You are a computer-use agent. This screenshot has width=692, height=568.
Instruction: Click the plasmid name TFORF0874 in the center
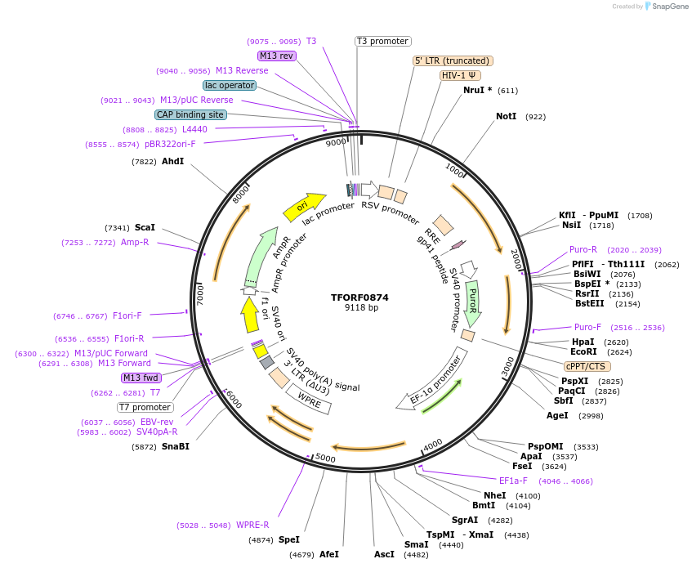[360, 297]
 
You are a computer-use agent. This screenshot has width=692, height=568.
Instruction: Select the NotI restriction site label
[507, 117]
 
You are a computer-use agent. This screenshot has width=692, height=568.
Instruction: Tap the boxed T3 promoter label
[382, 41]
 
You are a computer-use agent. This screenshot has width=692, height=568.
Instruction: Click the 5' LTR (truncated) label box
[453, 60]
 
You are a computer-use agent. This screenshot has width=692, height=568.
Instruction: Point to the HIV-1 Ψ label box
[460, 75]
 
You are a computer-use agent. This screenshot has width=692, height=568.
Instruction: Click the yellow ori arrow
[303, 207]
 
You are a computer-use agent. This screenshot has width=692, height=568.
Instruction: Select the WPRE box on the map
[309, 399]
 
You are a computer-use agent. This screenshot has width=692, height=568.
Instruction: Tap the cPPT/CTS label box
[585, 366]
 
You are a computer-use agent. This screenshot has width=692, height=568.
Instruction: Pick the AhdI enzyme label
[172, 162]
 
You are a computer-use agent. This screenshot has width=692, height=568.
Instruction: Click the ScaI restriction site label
[145, 227]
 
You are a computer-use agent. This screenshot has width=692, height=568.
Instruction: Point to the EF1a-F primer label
[513, 481]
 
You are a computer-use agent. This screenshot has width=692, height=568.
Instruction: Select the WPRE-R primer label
[252, 525]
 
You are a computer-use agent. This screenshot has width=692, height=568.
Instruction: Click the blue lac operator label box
[230, 85]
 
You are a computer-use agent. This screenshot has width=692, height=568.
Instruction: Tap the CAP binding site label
[190, 115]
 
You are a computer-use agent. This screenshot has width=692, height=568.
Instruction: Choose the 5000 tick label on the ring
[325, 458]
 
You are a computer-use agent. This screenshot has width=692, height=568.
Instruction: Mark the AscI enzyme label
[384, 554]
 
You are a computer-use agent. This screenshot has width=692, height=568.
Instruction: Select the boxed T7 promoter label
[145, 407]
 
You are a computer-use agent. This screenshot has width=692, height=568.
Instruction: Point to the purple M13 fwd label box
[141, 378]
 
